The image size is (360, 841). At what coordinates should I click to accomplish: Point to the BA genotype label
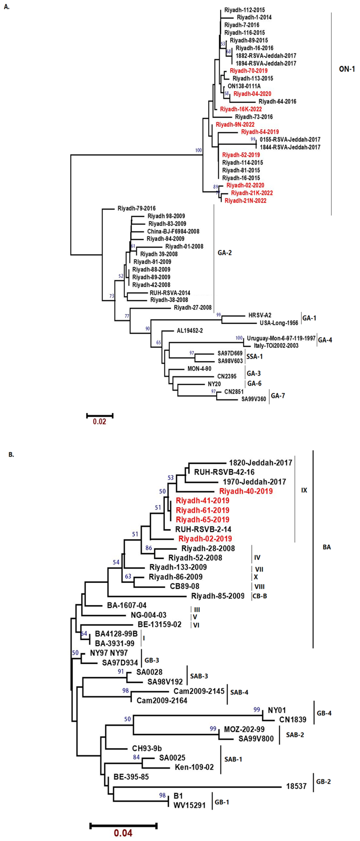pos(326,547)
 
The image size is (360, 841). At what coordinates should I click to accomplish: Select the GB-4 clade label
pos(324,713)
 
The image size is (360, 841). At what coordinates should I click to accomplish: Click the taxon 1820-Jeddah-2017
pos(260,463)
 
